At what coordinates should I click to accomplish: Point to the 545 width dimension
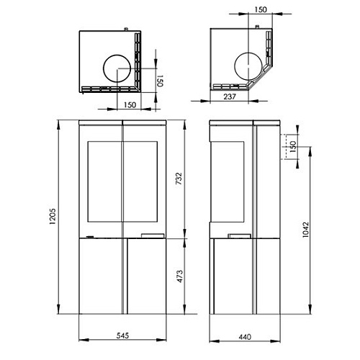click(123, 336)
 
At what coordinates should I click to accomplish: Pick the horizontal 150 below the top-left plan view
click(130, 105)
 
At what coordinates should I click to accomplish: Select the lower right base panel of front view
click(148, 278)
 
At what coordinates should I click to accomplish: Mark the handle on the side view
click(237, 235)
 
